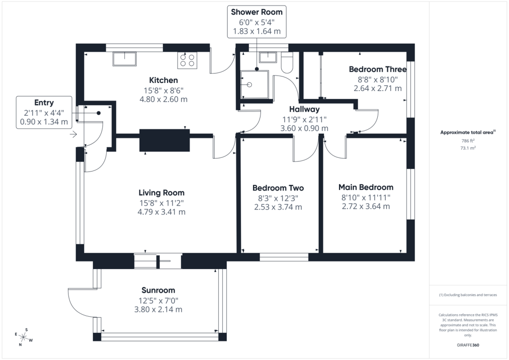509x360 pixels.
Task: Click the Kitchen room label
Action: (x=163, y=80)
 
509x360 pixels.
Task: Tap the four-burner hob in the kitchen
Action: (x=187, y=60)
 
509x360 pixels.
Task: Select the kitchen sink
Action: (x=124, y=59)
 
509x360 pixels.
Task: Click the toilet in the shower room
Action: (x=287, y=63)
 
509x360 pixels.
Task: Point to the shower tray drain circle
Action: (x=250, y=85)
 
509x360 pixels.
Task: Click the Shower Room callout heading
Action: (x=257, y=12)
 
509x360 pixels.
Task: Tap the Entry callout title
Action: (x=44, y=102)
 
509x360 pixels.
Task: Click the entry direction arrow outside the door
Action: (x=74, y=134)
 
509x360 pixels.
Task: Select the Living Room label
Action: (x=162, y=193)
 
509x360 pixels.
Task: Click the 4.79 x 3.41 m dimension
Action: (x=162, y=212)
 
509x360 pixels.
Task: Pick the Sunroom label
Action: (x=158, y=290)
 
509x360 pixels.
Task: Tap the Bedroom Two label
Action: (x=278, y=188)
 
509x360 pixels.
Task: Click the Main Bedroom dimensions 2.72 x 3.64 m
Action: (x=366, y=206)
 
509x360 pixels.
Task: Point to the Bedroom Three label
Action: (x=378, y=69)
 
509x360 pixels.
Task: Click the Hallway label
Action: (x=305, y=109)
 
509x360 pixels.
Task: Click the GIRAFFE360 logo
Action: (x=468, y=345)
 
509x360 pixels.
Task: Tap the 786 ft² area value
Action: (x=468, y=141)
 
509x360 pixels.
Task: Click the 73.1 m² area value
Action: (x=468, y=148)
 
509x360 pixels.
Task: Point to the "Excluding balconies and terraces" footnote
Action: (x=468, y=295)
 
